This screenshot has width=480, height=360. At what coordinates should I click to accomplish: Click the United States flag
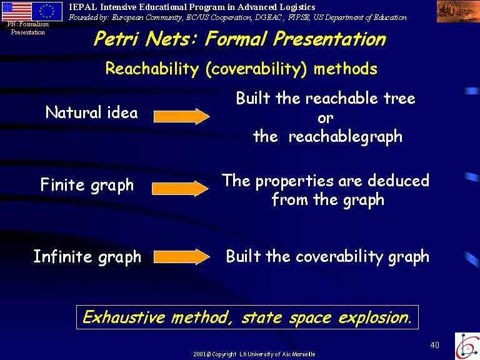pos(17,11)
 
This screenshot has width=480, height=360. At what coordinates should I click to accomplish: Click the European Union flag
pos(47,11)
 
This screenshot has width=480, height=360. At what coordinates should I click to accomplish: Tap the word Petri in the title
pos(116,39)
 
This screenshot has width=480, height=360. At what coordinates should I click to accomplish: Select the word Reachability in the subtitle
pos(152,68)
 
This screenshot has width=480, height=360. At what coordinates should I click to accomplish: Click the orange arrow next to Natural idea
pos(181,116)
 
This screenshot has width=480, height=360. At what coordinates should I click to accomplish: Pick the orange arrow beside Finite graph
pos(180,189)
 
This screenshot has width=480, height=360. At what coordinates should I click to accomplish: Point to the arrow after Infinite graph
pos(181,257)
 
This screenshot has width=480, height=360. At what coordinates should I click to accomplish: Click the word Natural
pos(74,112)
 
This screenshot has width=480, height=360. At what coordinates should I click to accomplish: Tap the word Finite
pos(62,184)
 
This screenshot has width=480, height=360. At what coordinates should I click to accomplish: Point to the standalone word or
pos(326,118)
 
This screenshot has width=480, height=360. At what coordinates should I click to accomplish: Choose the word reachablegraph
pos(345,136)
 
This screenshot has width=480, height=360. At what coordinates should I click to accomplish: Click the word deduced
pos(398,180)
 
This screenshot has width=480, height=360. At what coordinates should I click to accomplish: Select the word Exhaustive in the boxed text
pos(124,317)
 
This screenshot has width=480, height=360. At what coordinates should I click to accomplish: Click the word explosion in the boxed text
pos(374,317)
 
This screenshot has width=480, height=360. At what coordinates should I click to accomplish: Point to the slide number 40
pos(435,345)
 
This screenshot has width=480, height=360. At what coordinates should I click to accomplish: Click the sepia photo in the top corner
pos(458,11)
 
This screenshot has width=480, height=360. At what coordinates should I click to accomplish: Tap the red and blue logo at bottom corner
pos(467,346)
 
